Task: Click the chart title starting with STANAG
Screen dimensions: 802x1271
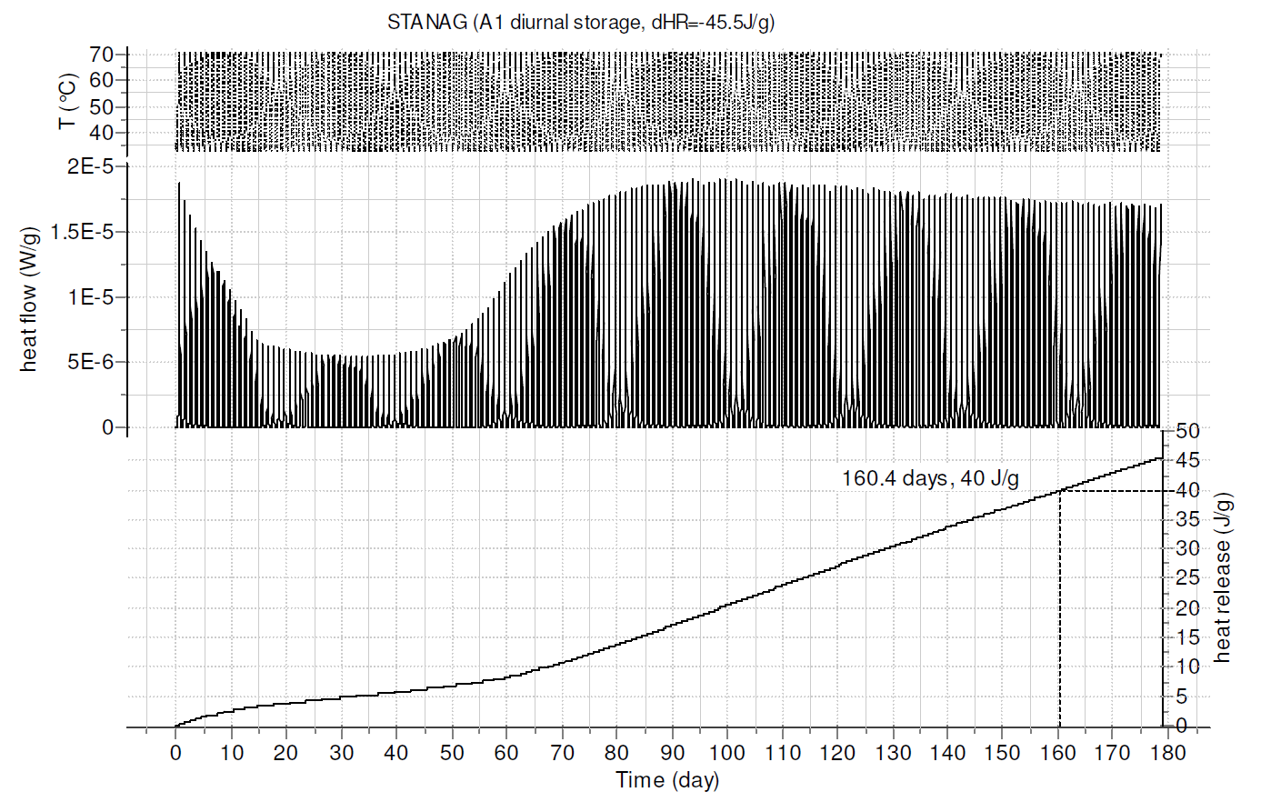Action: point(581,23)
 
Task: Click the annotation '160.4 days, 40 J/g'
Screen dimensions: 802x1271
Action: point(930,478)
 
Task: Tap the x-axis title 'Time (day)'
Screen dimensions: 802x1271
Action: point(667,780)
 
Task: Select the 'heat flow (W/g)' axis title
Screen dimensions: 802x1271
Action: point(29,298)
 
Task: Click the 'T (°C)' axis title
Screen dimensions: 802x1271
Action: point(67,101)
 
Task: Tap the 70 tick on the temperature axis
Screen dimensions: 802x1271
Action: point(102,55)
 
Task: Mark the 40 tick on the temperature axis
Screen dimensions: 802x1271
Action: point(102,133)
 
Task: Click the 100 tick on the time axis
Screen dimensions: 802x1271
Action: point(727,753)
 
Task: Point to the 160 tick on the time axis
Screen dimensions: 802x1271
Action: point(1057,753)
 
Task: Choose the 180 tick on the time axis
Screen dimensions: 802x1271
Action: point(1167,753)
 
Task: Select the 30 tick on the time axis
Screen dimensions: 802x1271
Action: point(341,753)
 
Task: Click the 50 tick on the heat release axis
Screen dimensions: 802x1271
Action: point(1187,431)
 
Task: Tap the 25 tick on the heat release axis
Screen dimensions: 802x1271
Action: point(1187,578)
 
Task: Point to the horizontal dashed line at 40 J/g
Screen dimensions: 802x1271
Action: point(1111,491)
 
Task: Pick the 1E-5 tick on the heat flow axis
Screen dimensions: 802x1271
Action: point(89,298)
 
